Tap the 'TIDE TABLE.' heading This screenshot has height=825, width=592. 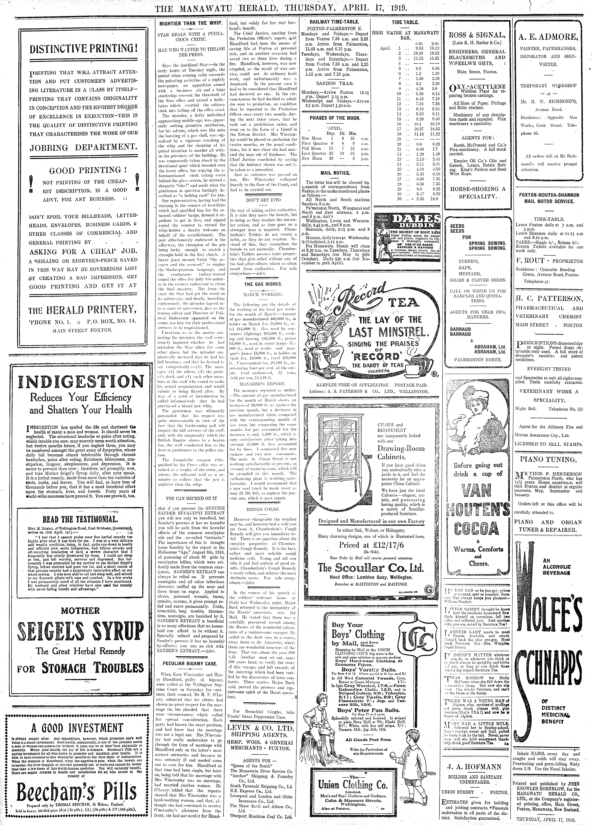pos(406,22)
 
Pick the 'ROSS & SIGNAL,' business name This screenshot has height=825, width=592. pos(477,35)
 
